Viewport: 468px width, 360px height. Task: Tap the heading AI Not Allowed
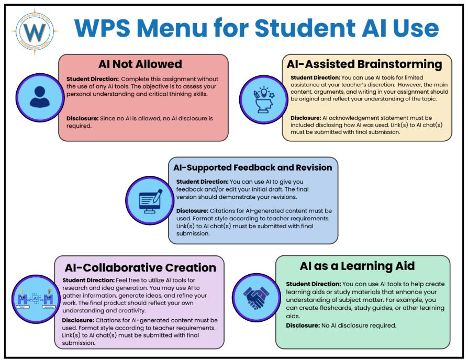pos(140,64)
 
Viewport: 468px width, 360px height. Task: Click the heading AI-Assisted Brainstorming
pos(364,64)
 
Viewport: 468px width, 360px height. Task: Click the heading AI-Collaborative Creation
pos(140,267)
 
